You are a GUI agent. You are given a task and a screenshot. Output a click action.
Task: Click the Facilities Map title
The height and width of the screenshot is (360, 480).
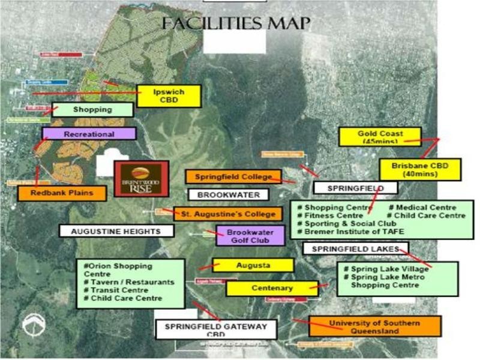tap(235, 23)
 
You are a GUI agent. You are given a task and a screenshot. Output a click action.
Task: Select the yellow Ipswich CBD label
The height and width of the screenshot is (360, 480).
tap(168, 96)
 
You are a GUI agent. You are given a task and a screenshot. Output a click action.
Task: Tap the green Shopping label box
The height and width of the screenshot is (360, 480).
tap(93, 110)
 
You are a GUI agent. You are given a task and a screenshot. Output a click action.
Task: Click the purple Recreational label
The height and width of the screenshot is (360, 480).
tap(89, 134)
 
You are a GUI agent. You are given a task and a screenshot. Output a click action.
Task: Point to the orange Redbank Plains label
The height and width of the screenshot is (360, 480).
tap(62, 193)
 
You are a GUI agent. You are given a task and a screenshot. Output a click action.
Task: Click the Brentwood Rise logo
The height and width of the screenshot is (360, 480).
tap(142, 178)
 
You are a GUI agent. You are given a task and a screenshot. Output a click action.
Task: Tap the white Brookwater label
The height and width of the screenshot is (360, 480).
tap(229, 195)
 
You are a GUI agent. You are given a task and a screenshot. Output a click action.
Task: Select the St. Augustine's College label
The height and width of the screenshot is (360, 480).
tap(227, 214)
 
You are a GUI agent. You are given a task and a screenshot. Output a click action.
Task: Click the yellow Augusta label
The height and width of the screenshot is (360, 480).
tap(253, 265)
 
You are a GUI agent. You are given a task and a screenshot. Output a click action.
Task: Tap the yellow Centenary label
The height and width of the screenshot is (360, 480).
tap(272, 289)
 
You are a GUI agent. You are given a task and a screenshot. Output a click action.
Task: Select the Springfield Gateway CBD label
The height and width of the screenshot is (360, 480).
tap(216, 330)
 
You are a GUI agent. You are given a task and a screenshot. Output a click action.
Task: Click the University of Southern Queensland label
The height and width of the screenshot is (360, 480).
tap(375, 326)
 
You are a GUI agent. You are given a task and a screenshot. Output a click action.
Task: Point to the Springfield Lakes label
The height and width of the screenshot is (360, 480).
tap(355, 248)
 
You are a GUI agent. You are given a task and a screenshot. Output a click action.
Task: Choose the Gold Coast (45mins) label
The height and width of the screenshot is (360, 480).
tap(380, 137)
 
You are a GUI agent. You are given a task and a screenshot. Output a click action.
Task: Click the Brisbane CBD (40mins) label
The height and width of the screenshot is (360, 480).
tap(420, 170)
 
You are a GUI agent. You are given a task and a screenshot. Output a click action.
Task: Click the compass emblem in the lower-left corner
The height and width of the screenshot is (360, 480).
tap(34, 325)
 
